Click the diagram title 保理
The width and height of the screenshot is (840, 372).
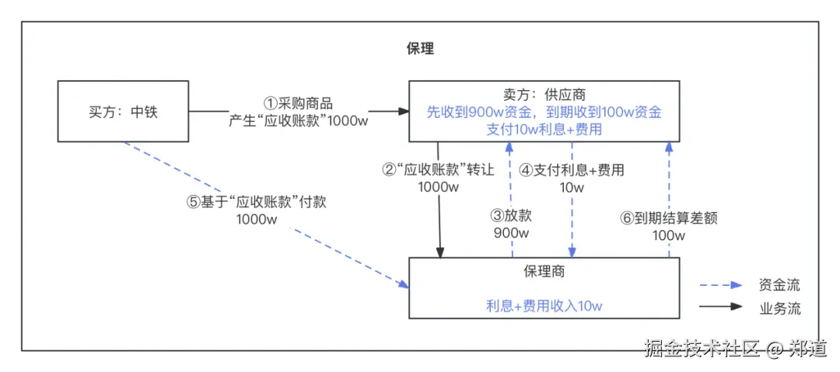pyautogui.click(x=420, y=48)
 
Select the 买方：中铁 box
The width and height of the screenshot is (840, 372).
pyautogui.click(x=124, y=111)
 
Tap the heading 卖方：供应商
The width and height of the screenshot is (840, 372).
pyautogui.click(x=544, y=95)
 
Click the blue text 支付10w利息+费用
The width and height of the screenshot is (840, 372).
pyautogui.click(x=544, y=129)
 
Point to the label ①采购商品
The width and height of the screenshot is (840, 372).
pyautogui.click(x=299, y=103)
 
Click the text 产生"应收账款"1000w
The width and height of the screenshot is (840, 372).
pyautogui.click(x=299, y=121)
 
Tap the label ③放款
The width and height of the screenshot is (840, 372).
pyautogui.click(x=511, y=216)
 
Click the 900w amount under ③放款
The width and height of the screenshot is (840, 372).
pyautogui.click(x=511, y=233)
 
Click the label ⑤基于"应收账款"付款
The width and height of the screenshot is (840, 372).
pyautogui.click(x=257, y=202)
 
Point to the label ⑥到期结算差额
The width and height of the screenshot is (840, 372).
pyautogui.click(x=668, y=218)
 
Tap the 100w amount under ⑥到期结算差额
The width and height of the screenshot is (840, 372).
pyautogui.click(x=668, y=235)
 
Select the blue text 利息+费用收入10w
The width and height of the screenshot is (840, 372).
pyautogui.click(x=544, y=305)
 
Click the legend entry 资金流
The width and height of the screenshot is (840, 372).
pyautogui.click(x=779, y=285)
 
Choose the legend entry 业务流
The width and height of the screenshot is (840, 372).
pyautogui.click(x=779, y=308)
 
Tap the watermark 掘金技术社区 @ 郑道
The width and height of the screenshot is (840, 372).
pyautogui.click(x=734, y=349)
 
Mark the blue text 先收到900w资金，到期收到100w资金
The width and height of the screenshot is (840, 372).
pyautogui.click(x=544, y=112)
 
